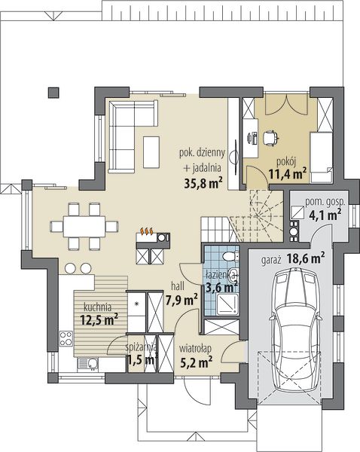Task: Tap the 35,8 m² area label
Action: (x=203, y=182)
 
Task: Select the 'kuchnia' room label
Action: (x=97, y=307)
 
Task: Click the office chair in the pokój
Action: (x=270, y=137)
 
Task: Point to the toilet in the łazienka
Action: (x=230, y=255)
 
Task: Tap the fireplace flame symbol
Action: (x=147, y=231)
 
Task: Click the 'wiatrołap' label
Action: (x=195, y=349)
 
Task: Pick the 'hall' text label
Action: (x=178, y=286)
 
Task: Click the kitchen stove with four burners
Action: (x=66, y=338)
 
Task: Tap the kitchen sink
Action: (x=88, y=364)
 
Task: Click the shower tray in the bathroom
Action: (x=227, y=304)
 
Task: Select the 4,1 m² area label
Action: (x=325, y=215)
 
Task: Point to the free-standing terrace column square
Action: (x=53, y=93)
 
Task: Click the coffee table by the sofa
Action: (x=151, y=152)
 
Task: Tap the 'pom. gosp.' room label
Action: (x=325, y=202)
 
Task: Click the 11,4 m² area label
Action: (x=288, y=173)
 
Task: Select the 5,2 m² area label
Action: (x=197, y=362)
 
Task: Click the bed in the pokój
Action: (x=322, y=157)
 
